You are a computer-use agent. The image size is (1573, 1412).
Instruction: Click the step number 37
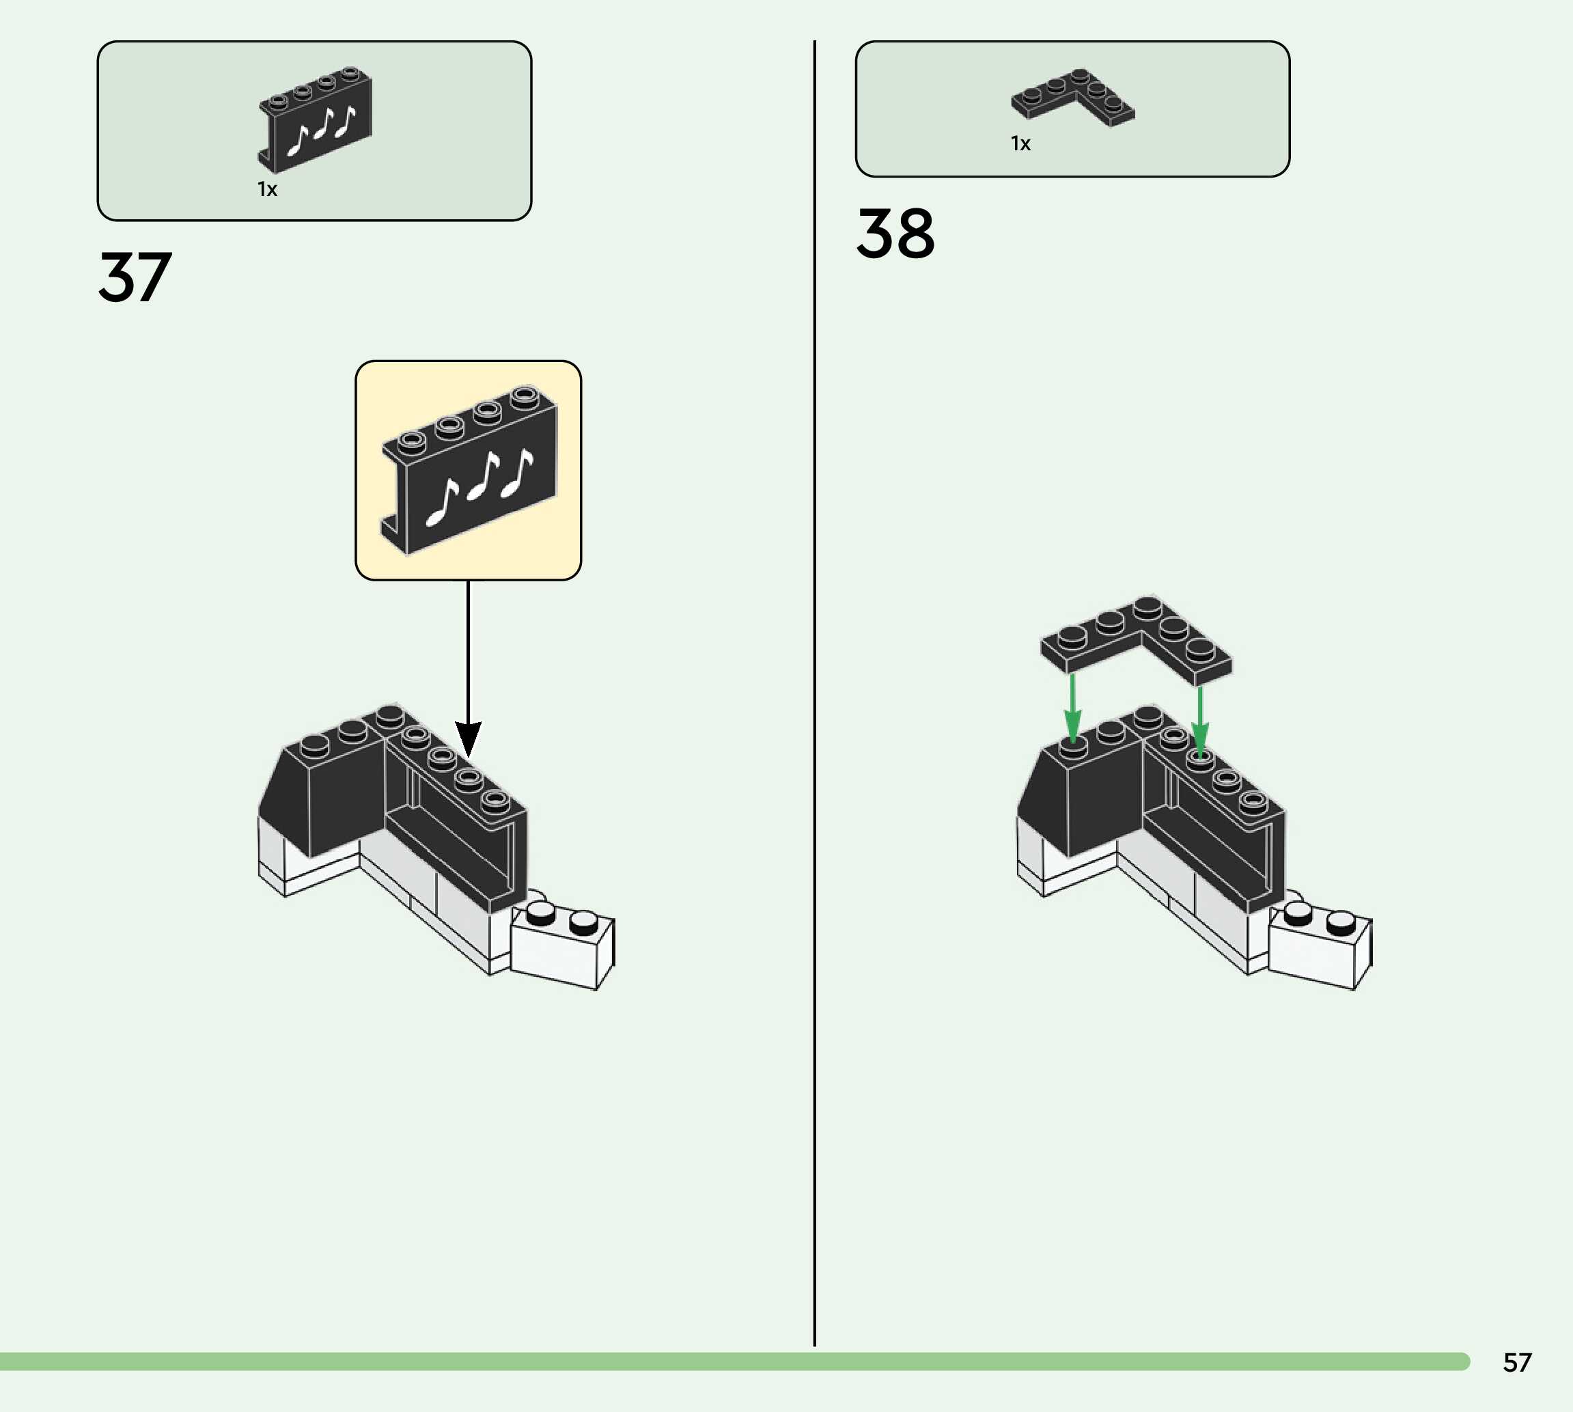click(x=135, y=277)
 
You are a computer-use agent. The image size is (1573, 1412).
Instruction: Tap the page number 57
click(x=1517, y=1362)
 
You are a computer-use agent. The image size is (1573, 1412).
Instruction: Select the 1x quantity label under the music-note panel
click(x=267, y=189)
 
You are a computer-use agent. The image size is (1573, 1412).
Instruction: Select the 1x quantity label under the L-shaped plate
click(x=1020, y=143)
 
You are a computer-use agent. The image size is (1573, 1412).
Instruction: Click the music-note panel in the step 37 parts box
click(x=316, y=120)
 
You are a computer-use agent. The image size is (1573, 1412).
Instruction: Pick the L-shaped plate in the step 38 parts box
click(x=1073, y=96)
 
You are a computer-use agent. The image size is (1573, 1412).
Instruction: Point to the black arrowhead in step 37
click(x=468, y=738)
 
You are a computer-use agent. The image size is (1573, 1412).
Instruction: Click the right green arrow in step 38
click(x=1200, y=721)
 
